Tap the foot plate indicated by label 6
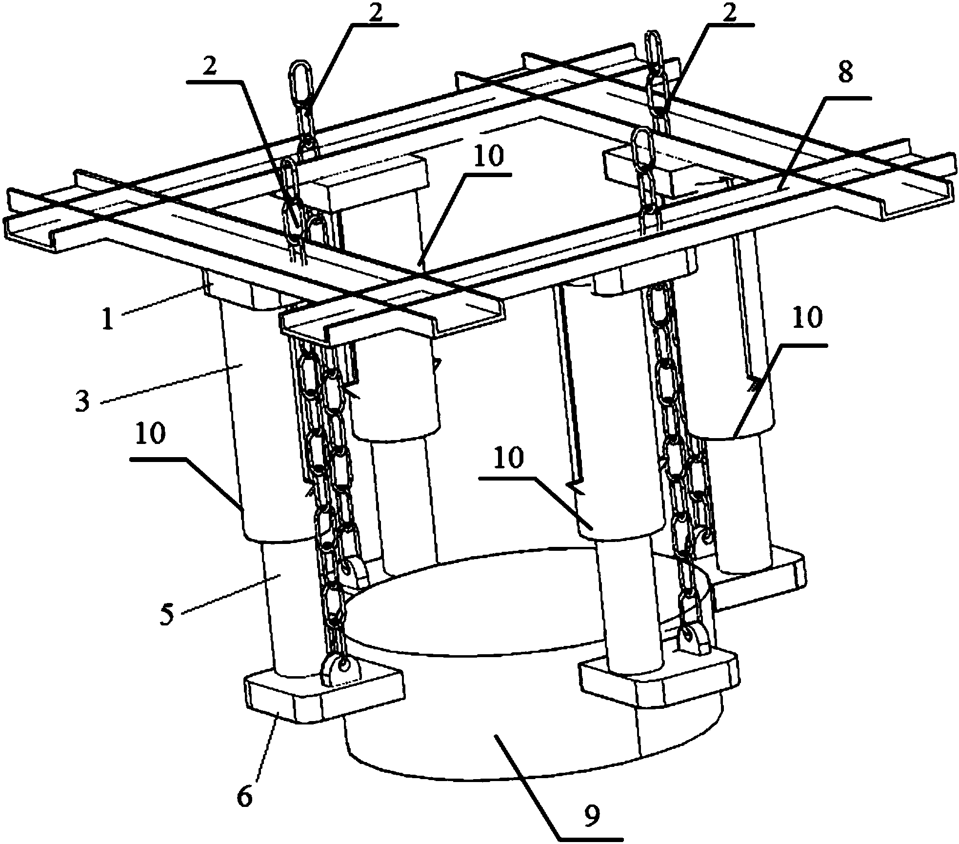pyautogui.click(x=324, y=698)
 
